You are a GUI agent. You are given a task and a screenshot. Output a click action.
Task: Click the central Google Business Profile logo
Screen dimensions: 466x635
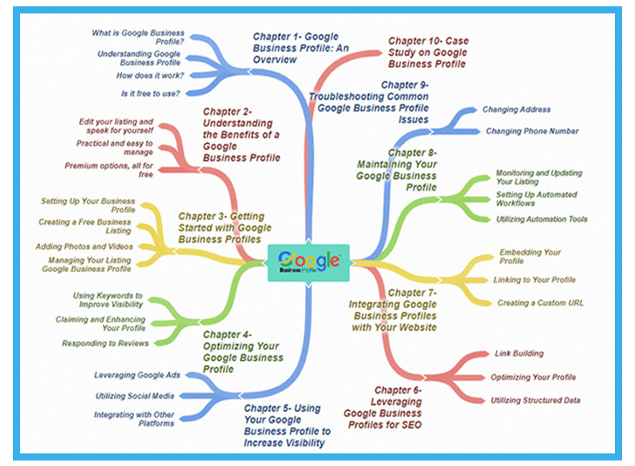click(309, 262)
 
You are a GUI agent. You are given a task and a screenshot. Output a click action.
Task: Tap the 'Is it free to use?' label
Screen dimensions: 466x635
click(150, 93)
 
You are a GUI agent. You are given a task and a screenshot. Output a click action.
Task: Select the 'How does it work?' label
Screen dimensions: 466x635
click(150, 75)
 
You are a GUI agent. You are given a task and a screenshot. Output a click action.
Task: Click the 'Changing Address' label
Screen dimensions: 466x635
click(517, 110)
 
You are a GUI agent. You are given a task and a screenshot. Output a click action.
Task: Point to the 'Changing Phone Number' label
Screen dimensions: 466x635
click(532, 131)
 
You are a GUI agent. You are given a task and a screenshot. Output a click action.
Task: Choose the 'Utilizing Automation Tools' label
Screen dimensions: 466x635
click(542, 220)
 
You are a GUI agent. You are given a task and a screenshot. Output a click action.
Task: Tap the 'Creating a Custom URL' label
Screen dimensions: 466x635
click(540, 303)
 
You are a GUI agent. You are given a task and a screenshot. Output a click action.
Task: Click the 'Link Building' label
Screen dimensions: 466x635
click(519, 353)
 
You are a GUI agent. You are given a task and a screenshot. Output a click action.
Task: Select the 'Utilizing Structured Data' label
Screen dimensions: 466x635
click(535, 400)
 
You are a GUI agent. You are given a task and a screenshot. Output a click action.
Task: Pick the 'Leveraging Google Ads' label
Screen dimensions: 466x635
click(137, 375)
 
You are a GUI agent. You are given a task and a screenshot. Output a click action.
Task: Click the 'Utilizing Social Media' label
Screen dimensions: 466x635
click(134, 396)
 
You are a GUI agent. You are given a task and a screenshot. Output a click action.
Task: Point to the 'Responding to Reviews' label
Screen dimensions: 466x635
click(105, 343)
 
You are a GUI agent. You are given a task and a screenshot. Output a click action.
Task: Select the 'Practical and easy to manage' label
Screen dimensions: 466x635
click(114, 147)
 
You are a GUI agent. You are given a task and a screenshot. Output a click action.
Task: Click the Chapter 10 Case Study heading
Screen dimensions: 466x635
click(427, 52)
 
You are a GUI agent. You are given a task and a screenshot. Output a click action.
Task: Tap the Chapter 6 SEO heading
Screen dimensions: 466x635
click(383, 407)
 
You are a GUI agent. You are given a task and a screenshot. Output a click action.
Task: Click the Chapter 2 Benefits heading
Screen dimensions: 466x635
click(241, 134)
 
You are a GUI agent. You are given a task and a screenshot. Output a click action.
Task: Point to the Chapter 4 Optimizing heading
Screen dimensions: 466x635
click(243, 352)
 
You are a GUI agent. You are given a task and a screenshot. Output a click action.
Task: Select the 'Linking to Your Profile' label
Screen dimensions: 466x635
click(534, 279)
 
